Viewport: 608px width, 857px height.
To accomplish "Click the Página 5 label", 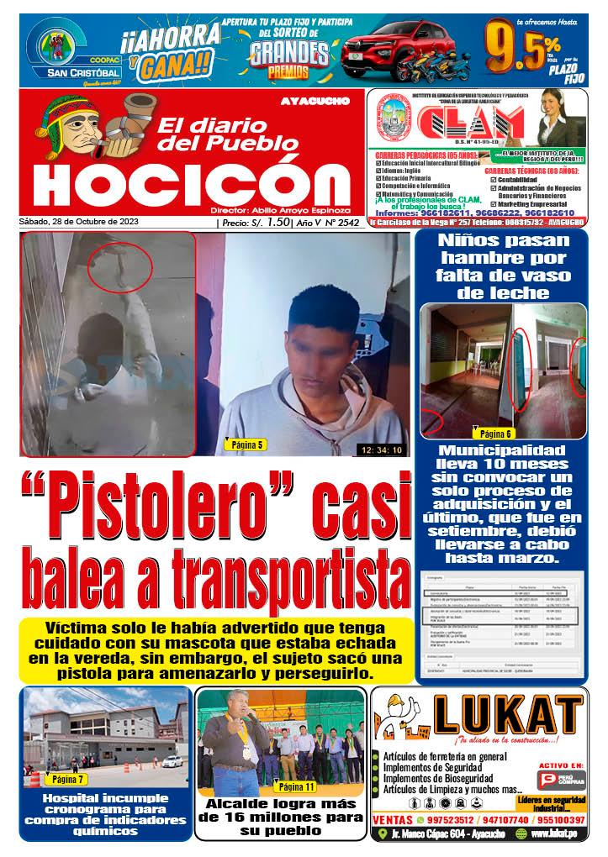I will tap(243, 444).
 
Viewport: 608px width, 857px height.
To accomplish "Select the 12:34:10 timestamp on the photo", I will tap(381, 450).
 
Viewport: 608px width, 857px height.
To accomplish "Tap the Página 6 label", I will tap(495, 434).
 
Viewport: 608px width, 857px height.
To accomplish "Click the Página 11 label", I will tap(295, 786).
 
